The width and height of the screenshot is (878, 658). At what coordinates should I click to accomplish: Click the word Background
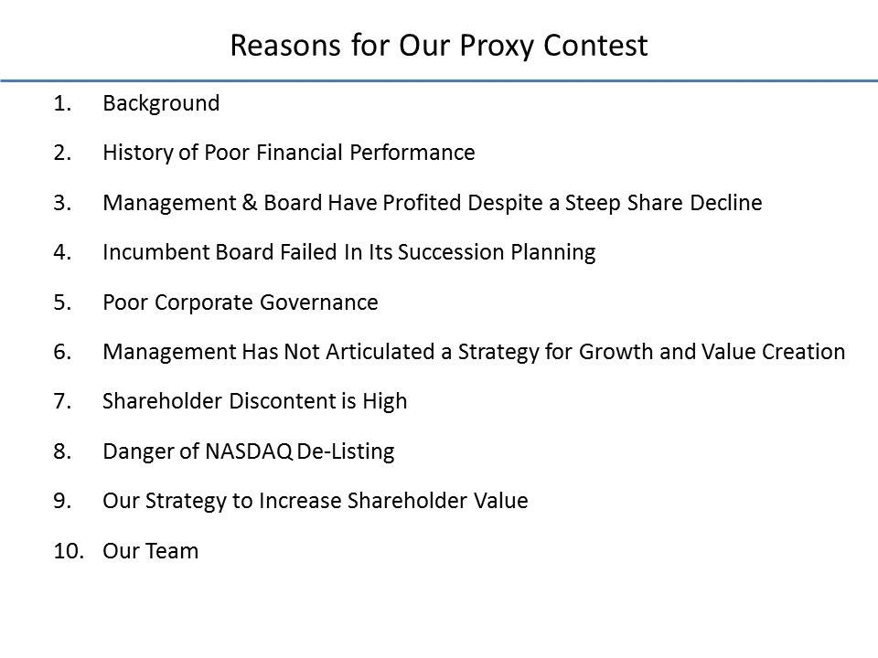pos(161,103)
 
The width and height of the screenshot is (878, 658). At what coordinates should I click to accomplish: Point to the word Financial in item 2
pos(306,153)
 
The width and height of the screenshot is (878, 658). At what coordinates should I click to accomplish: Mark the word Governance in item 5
pos(325,302)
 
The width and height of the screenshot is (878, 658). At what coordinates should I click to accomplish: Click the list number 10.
pos(67,551)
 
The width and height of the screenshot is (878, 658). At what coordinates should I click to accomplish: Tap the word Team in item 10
pos(173,551)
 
